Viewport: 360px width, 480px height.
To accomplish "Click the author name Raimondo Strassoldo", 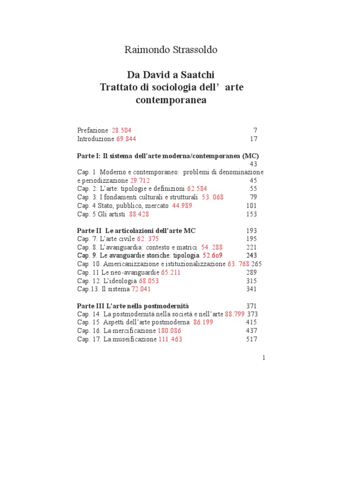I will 171,50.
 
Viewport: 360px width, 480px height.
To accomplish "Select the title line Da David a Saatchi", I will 171,75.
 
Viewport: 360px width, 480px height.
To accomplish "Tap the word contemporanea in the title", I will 171,100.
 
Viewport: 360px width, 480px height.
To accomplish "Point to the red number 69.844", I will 127,139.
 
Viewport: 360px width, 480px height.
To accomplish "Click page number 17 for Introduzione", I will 253,139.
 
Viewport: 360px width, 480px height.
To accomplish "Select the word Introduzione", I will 96,139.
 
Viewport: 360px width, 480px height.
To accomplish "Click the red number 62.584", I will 197,188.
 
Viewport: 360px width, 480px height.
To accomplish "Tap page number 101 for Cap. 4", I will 252,205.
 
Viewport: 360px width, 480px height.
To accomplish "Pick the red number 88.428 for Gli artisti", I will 142,214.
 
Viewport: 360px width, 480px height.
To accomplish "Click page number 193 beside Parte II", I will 252,231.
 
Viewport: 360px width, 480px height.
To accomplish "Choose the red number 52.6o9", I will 212,255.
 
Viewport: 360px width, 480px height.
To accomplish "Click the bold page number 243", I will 252,255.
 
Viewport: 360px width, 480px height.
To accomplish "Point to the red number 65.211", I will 171,272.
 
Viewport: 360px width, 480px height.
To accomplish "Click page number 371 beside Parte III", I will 252,306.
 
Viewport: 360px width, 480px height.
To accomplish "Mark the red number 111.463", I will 169,339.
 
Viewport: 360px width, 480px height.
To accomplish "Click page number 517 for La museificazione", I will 252,339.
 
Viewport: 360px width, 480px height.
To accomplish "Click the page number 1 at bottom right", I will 264,358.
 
